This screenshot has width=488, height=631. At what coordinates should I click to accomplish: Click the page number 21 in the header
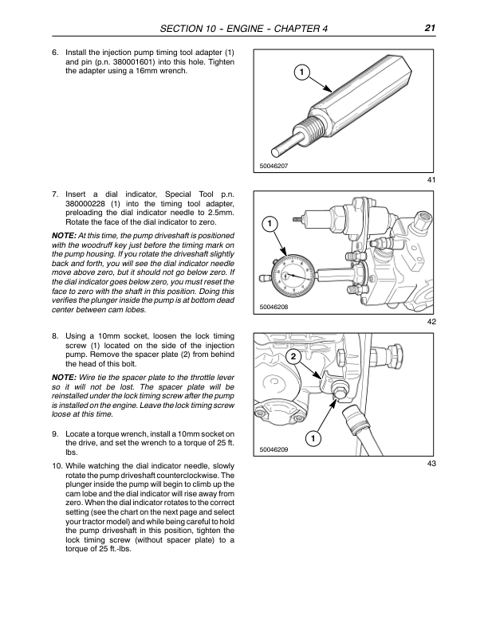tap(429, 29)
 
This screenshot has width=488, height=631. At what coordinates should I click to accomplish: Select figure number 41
tap(431, 182)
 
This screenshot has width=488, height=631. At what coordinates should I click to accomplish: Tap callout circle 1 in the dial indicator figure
tap(270, 224)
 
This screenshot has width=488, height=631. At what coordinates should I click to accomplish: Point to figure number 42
tap(431, 322)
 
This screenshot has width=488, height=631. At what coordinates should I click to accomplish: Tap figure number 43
tap(431, 464)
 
